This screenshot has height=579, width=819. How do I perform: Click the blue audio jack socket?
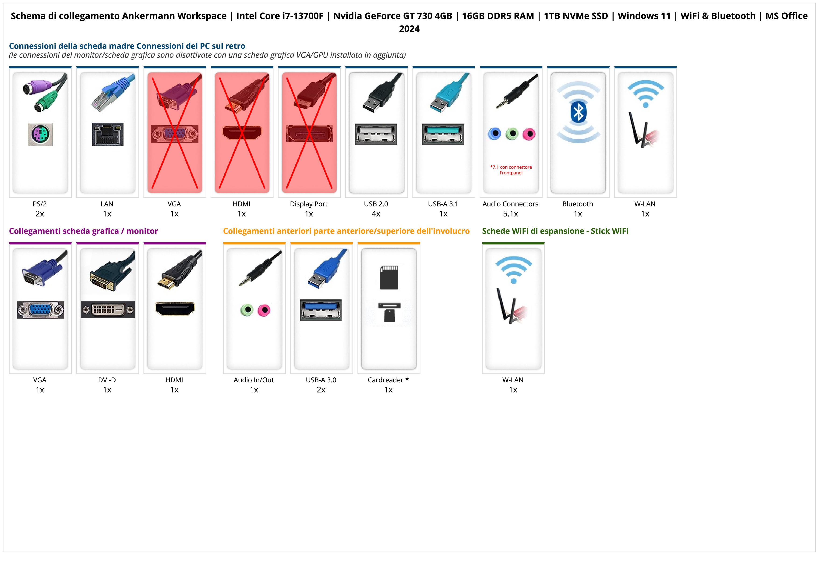point(494,134)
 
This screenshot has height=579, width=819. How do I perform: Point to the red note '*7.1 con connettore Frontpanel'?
point(511,170)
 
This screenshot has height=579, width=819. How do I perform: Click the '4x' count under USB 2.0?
point(376,214)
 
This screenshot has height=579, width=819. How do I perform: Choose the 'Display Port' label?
point(309,204)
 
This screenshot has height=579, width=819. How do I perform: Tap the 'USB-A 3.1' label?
point(443,204)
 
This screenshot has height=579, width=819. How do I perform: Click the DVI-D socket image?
point(108,310)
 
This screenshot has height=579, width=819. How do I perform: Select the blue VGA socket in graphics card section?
point(40,310)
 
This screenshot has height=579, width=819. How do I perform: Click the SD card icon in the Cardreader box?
point(389,277)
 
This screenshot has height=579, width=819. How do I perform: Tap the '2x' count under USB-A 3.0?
point(321,390)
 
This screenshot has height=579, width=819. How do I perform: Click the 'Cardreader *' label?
point(388,380)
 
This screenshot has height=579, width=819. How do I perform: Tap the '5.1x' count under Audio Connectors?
point(510,214)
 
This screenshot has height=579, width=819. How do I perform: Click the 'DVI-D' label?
point(107,380)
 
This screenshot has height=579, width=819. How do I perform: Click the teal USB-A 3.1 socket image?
point(443,134)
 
